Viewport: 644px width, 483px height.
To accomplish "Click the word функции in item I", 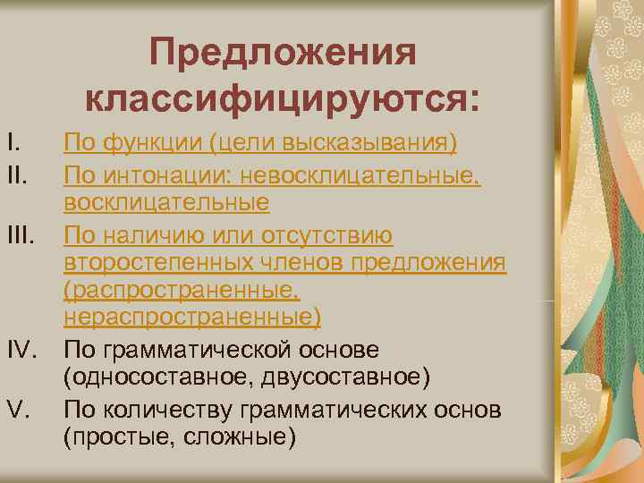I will click(140, 143).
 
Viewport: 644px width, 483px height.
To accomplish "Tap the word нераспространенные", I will click(189, 318).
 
